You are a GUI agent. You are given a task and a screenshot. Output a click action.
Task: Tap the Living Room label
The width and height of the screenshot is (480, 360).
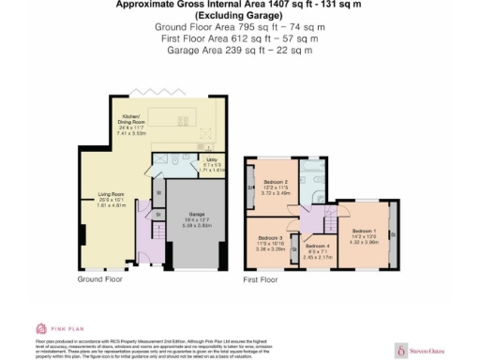[x=111, y=195]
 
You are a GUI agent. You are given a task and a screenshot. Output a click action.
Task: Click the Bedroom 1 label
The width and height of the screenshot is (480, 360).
[x=366, y=231]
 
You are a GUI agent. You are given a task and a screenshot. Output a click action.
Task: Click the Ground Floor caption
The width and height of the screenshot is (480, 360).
[x=100, y=279]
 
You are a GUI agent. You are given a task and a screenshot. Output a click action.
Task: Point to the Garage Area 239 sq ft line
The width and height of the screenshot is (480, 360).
[x=239, y=50]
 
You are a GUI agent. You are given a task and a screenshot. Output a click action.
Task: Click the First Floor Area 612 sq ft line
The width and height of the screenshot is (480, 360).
[x=239, y=38]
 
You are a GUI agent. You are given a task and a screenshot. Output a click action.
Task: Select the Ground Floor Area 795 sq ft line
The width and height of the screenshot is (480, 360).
[x=239, y=27]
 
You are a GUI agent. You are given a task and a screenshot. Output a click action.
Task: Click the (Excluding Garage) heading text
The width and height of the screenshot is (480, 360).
[x=239, y=16]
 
